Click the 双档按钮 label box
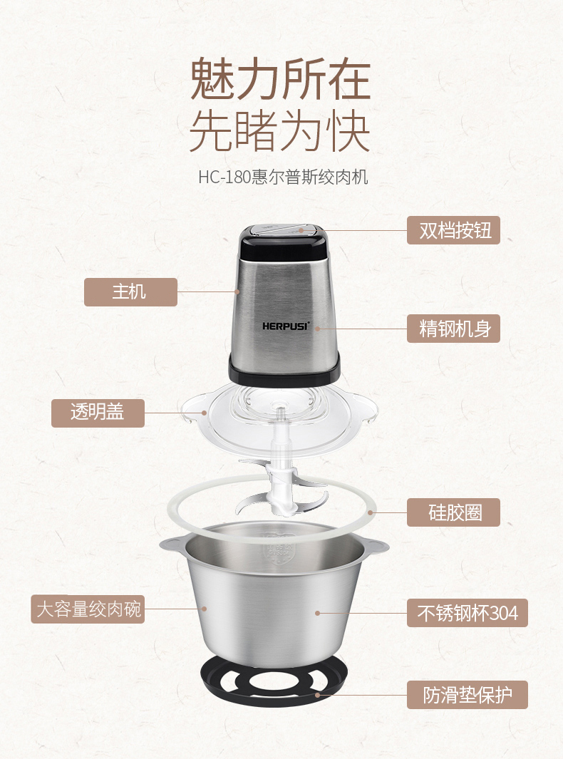(453, 230)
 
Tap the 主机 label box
(130, 292)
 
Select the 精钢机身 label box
(453, 329)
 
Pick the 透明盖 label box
(98, 413)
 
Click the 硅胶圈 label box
(453, 512)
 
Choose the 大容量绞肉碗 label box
(88, 609)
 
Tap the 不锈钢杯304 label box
(468, 613)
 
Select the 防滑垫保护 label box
(468, 695)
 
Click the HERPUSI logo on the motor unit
(285, 326)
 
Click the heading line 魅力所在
(280, 79)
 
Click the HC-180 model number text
(224, 177)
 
